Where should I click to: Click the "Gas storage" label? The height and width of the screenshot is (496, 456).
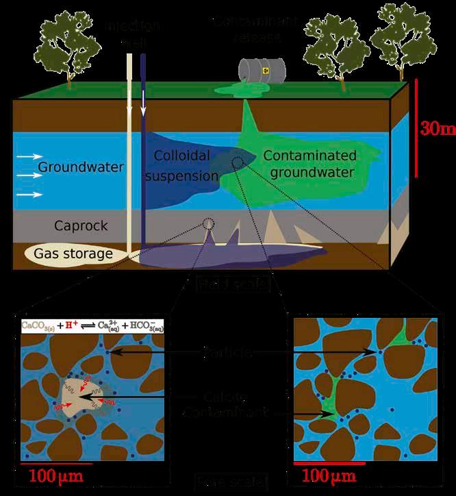click(x=75, y=254)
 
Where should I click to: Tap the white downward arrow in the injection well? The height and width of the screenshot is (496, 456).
click(x=143, y=102)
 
